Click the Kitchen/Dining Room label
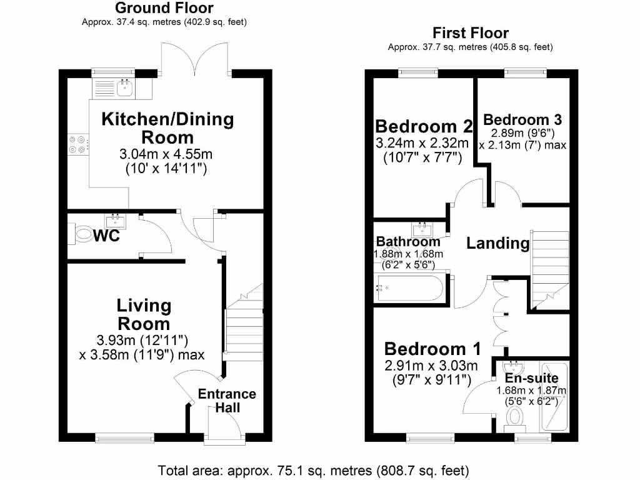tap(167, 127)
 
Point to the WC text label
tap(106, 237)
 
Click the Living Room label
tap(144, 314)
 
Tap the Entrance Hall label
tap(227, 401)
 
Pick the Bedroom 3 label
tap(522, 119)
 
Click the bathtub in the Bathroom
tap(407, 289)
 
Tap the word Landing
tap(498, 243)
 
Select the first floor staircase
tap(550, 269)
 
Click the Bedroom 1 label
tap(432, 348)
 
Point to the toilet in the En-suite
tap(516, 416)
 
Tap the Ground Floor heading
tap(164, 8)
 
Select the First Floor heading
tap(470, 32)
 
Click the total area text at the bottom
tap(313, 469)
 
